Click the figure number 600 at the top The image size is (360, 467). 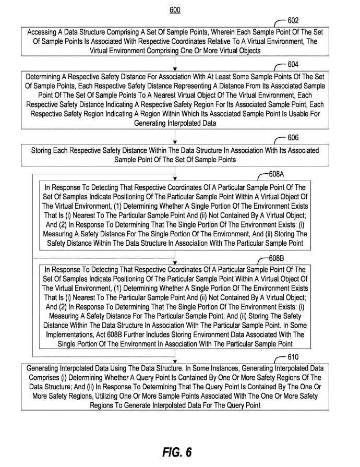pyautogui.click(x=175, y=10)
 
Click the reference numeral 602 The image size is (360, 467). pyautogui.click(x=293, y=21)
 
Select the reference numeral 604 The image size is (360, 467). pyautogui.click(x=293, y=65)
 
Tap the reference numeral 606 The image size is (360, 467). pyautogui.click(x=293, y=138)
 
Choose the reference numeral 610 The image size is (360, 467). pyautogui.click(x=293, y=357)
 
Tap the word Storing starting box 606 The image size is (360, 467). pyautogui.click(x=43, y=150)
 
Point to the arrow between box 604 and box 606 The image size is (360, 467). pyautogui.click(x=175, y=137)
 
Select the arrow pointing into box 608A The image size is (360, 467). pyautogui.click(x=175, y=174)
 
